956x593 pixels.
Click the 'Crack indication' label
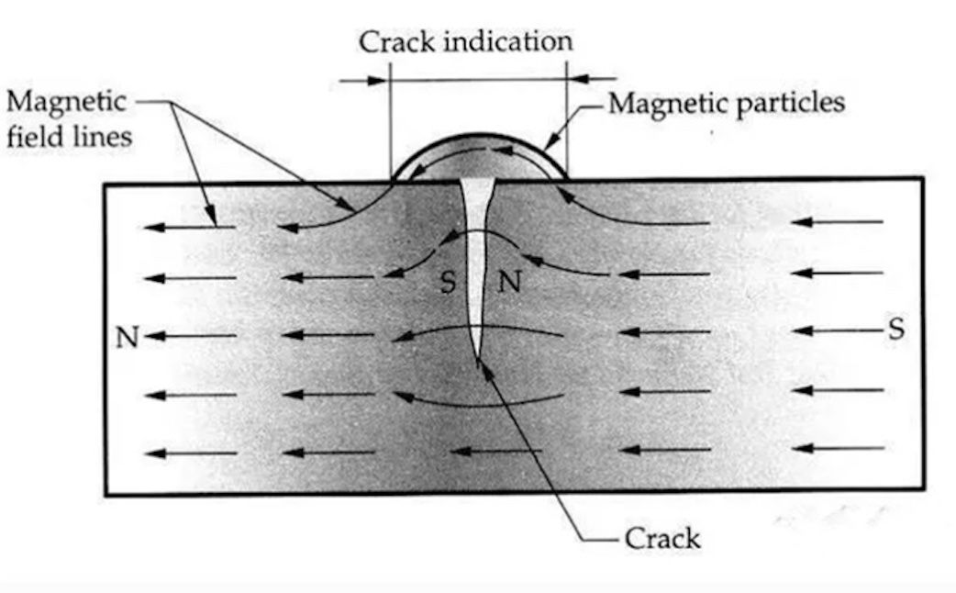[x=465, y=42]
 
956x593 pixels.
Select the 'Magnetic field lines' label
[x=68, y=118]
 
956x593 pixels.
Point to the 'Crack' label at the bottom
[x=662, y=537]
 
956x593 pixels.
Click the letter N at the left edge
[x=128, y=338]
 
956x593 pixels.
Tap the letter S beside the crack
[x=448, y=282]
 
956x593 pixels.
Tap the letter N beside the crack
[x=509, y=282]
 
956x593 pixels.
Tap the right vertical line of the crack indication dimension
[x=567, y=119]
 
